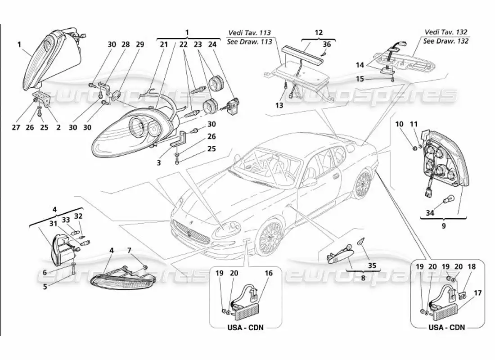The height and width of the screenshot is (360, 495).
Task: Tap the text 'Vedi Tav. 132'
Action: pos(446,32)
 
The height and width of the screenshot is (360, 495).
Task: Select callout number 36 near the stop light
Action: pos(327,44)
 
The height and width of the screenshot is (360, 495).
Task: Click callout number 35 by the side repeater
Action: pos(371,266)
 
